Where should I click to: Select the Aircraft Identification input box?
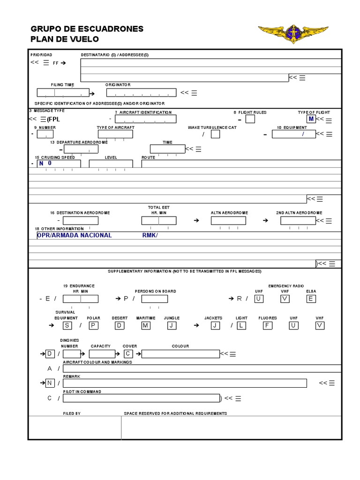pyautogui.click(x=145, y=119)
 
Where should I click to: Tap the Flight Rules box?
pyautogui.click(x=250, y=119)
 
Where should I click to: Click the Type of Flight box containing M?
pyautogui.click(x=311, y=119)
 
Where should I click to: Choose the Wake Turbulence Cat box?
pyautogui.click(x=215, y=134)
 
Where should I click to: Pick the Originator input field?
pyautogui.click(x=141, y=92)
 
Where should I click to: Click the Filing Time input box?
pyautogui.click(x=62, y=92)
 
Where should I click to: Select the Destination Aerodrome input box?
pyautogui.click(x=81, y=220)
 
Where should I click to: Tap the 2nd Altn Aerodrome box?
pyautogui.click(x=298, y=220)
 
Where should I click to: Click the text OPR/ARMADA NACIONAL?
pyautogui.click(x=74, y=235)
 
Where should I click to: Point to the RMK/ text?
pyautogui.click(x=150, y=235)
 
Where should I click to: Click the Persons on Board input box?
pyautogui.click(x=154, y=299)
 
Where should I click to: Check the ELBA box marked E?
pyautogui.click(x=311, y=299)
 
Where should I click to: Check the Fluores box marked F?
pyautogui.click(x=267, y=325)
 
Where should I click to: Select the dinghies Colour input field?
pyautogui.click(x=180, y=353)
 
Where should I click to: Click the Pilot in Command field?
pyautogui.click(x=141, y=398)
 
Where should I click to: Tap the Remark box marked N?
pyautogui.click(x=49, y=383)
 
